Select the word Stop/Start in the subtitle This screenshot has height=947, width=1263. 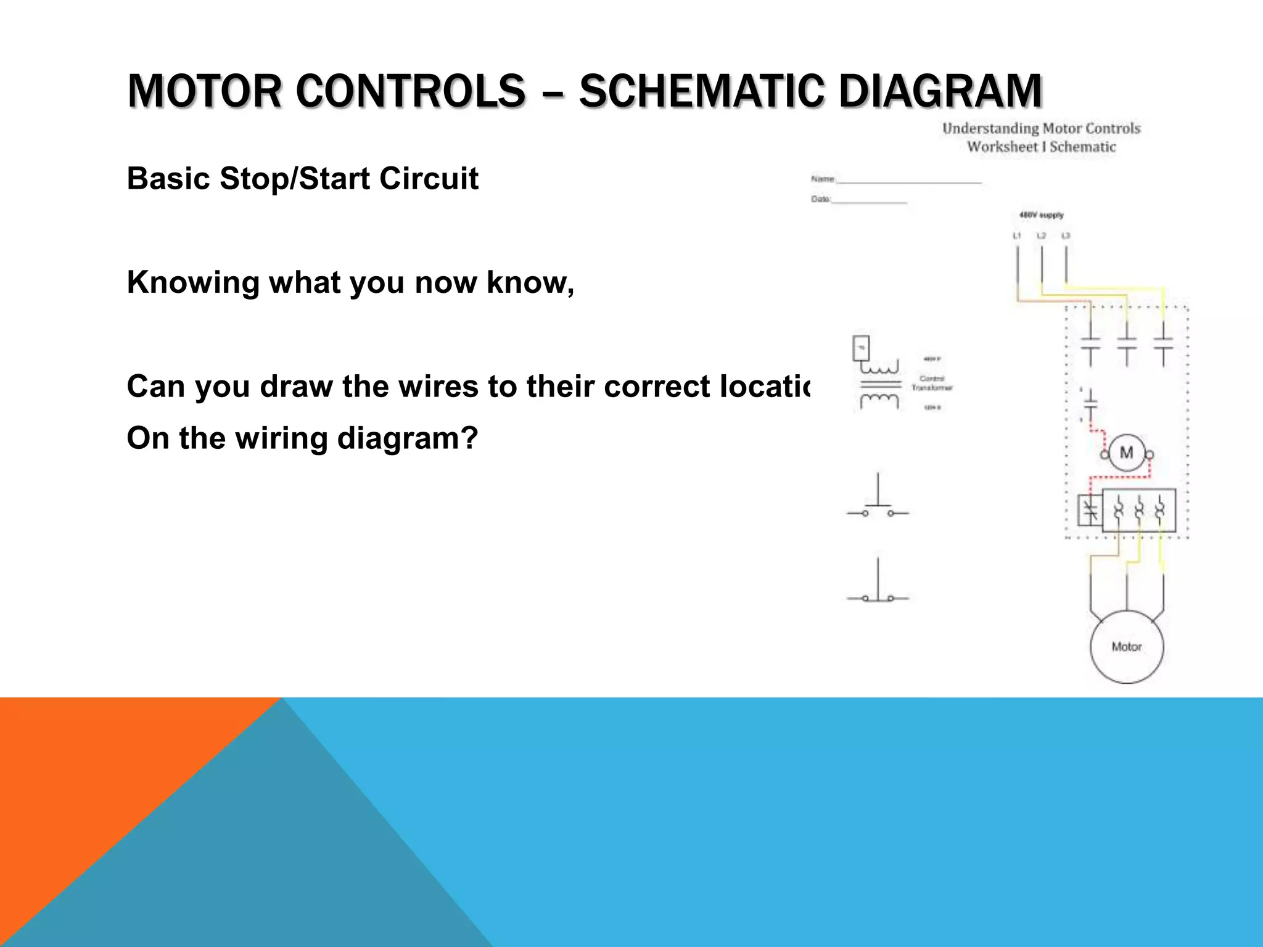298,179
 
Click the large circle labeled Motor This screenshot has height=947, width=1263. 1126,647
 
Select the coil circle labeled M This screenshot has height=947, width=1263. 1126,453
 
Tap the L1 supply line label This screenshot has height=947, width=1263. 1017,236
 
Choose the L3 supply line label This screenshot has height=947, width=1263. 1066,236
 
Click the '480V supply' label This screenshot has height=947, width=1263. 1041,215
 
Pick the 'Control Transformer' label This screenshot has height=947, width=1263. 931,383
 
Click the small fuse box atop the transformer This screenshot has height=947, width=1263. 861,348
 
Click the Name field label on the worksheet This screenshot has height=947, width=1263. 822,179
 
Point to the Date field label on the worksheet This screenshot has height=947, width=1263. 820,199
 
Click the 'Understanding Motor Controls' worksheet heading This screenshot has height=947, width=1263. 1041,128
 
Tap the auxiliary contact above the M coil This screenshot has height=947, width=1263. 1090,403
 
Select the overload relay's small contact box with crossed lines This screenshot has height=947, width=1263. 1090,510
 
